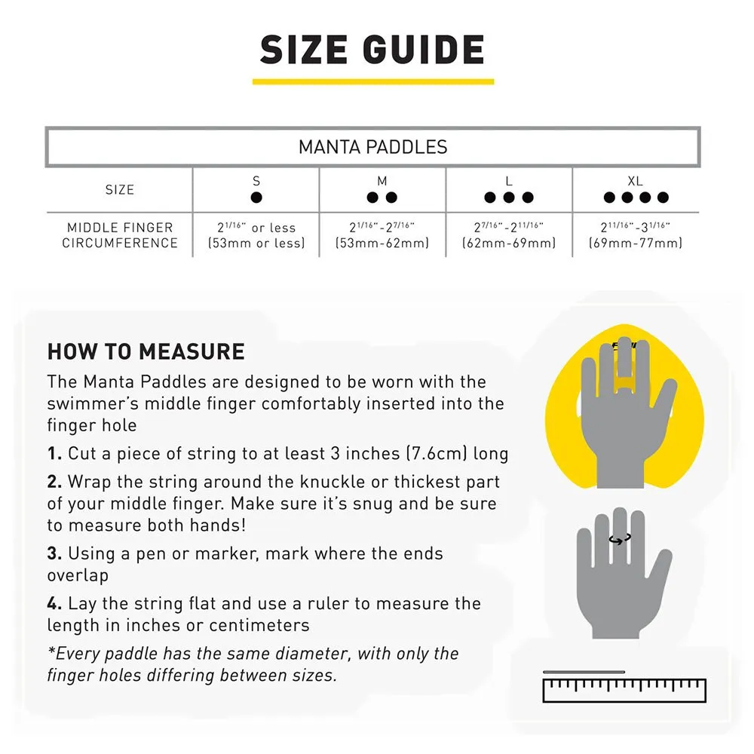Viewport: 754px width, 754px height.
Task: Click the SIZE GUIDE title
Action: (372, 50)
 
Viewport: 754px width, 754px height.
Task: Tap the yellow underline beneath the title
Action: (373, 81)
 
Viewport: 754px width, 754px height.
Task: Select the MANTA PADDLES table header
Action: (372, 147)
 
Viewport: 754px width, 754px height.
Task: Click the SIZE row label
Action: (120, 190)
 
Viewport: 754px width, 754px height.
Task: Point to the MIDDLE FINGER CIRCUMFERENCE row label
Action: (120, 235)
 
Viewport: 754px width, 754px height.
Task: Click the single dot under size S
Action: (256, 197)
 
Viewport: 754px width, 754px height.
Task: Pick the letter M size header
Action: (382, 181)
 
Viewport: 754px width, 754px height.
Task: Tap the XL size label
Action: (635, 181)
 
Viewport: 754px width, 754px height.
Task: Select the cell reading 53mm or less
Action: (256, 235)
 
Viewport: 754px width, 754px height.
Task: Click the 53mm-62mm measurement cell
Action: (382, 235)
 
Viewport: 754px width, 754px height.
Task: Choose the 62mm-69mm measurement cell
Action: (509, 235)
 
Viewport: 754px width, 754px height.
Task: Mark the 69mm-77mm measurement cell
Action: (635, 235)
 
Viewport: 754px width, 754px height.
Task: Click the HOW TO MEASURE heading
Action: (146, 351)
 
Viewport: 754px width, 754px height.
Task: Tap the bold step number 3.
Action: (54, 553)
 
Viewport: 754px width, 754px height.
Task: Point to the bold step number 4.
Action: (54, 603)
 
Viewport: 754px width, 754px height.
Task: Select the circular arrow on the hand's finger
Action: (621, 539)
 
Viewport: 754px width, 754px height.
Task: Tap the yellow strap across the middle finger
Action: (624, 383)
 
